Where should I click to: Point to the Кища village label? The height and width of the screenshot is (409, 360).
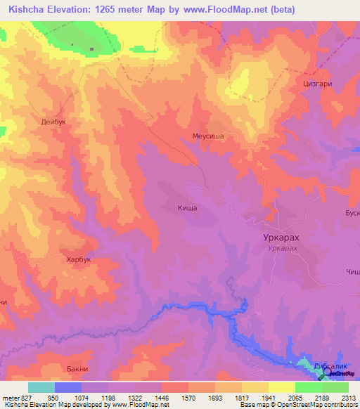[188, 208]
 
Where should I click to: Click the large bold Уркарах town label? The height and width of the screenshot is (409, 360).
[283, 238]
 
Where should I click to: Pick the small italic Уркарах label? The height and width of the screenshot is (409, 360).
[283, 249]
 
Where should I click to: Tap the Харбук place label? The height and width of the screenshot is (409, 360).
[79, 259]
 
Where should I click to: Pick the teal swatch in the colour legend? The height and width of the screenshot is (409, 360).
[41, 387]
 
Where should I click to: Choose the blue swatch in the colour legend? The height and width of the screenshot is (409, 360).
[68, 387]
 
